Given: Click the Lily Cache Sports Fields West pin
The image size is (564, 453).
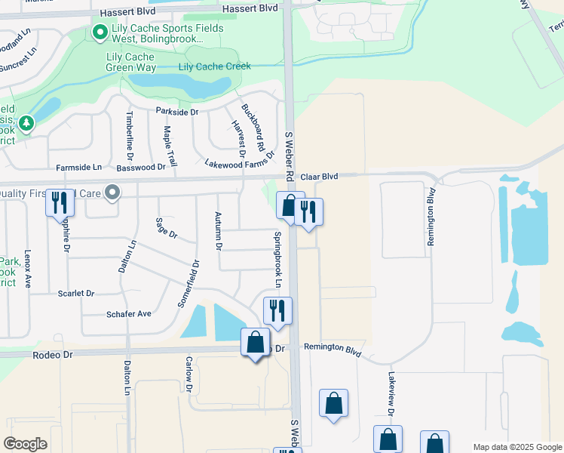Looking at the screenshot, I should pyautogui.click(x=99, y=32).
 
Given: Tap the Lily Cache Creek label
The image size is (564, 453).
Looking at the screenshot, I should pyautogui.click(x=215, y=66).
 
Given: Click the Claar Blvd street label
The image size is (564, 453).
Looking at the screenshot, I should pyautogui.click(x=319, y=177).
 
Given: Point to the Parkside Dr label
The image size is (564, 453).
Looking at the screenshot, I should pyautogui.click(x=176, y=112).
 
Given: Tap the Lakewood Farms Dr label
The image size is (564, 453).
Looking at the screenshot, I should pyautogui.click(x=240, y=162).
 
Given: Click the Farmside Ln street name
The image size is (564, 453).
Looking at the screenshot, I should pyautogui.click(x=78, y=167).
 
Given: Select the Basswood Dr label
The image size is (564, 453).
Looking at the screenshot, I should pyautogui.click(x=140, y=167).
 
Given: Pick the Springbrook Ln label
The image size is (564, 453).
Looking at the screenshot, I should pyautogui.click(x=277, y=258).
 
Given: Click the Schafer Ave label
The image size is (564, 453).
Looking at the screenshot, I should pyautogui.click(x=129, y=313).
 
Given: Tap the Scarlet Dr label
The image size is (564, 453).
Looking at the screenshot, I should pyautogui.click(x=76, y=293).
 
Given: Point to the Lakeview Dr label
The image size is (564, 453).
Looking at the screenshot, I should pyautogui.click(x=391, y=393).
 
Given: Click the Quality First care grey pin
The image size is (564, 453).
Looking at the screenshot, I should pyautogui.click(x=112, y=193).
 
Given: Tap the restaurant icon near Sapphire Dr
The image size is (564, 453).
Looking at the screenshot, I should pyautogui.click(x=60, y=203).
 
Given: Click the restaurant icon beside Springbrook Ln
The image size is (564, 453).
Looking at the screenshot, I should pyautogui.click(x=277, y=310).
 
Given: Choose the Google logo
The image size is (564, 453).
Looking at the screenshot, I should pyautogui.click(x=25, y=444).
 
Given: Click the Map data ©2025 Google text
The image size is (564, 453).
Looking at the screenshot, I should pyautogui.click(x=517, y=447).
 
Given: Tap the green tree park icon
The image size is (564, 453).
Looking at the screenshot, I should pyautogui.click(x=27, y=122).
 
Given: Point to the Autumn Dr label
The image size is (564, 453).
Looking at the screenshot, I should pyautogui.click(x=219, y=232).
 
